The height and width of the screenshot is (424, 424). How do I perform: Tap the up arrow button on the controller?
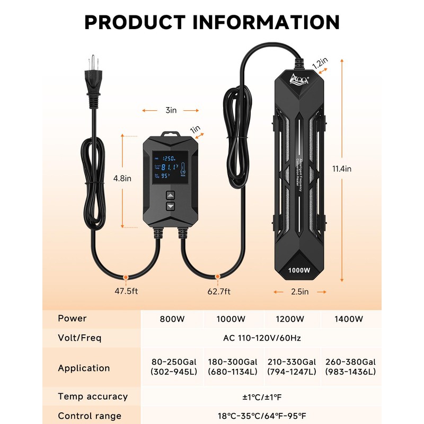coord(171,194)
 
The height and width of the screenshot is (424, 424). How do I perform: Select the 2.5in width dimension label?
coord(299,291)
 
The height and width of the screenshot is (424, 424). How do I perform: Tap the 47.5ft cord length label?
coord(126,291)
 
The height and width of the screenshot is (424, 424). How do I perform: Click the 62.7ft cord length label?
coord(218,291)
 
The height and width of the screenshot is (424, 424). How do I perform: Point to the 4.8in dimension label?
coord(122,179)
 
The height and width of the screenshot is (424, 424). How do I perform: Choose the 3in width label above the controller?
coord(170,110)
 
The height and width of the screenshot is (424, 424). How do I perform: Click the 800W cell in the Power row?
coord(172,319)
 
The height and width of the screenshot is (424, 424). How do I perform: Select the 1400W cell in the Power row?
coord(350,319)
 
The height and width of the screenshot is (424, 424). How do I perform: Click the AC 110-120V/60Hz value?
coord(261,338)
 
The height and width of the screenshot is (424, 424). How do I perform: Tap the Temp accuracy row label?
coord(93,396)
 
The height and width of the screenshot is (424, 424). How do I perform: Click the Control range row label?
coord(90,416)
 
